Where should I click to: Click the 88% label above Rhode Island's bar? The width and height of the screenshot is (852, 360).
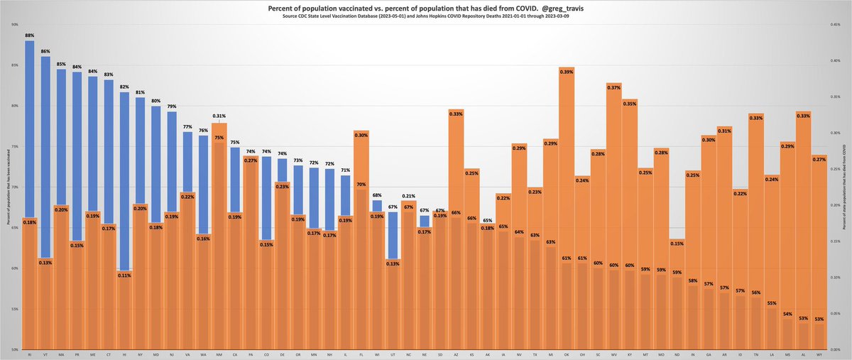click(x=30, y=35)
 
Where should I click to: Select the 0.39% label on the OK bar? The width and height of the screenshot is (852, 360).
click(x=567, y=72)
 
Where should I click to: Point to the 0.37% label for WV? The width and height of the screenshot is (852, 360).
click(x=614, y=87)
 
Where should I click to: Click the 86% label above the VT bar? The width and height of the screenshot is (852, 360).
click(x=45, y=52)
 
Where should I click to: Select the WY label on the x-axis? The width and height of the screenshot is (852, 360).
click(x=819, y=354)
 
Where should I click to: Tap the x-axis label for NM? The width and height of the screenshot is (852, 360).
click(x=219, y=354)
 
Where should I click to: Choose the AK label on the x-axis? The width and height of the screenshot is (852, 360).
click(x=488, y=354)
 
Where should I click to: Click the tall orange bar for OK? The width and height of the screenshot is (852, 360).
click(x=567, y=213)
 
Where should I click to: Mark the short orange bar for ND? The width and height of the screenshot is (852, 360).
click(x=677, y=298)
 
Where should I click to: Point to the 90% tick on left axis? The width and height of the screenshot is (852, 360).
click(x=15, y=24)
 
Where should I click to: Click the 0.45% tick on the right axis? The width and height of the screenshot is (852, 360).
click(x=837, y=24)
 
